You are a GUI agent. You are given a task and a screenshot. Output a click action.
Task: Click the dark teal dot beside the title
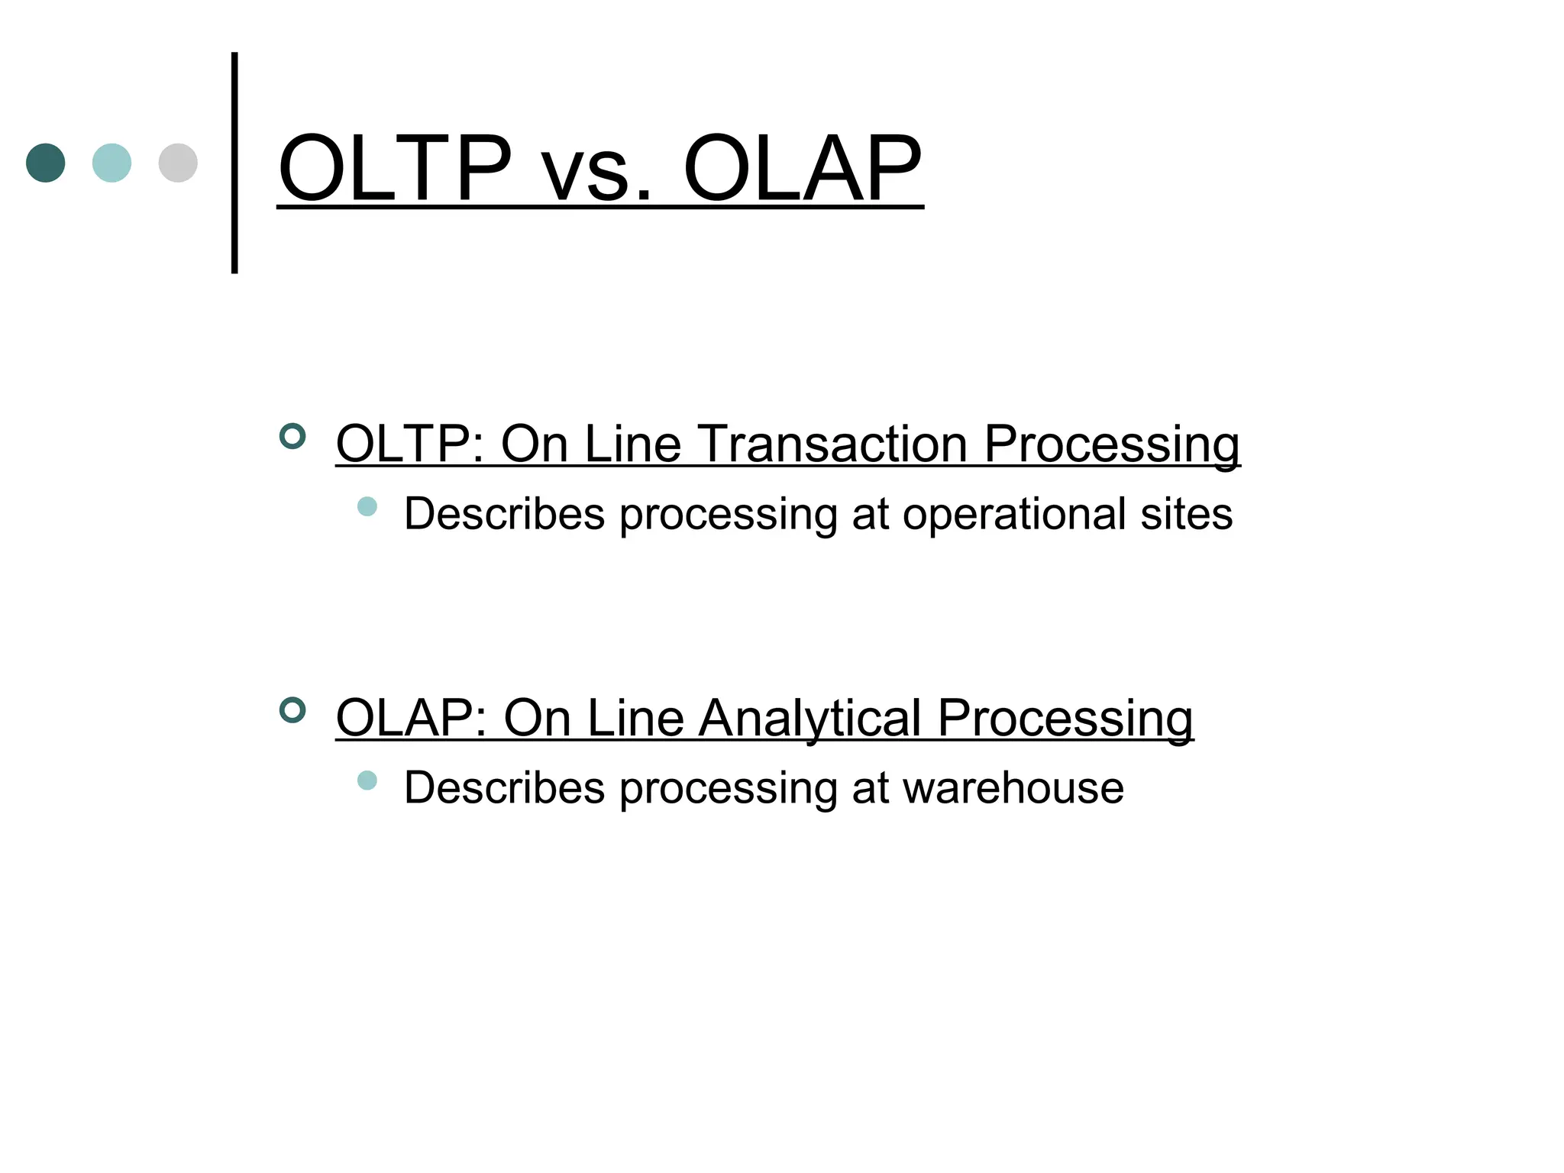(x=46, y=163)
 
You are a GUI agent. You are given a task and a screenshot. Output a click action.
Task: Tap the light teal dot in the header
(x=111, y=163)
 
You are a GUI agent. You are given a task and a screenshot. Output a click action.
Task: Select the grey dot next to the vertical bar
(x=178, y=163)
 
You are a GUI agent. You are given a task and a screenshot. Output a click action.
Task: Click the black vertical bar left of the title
(x=234, y=163)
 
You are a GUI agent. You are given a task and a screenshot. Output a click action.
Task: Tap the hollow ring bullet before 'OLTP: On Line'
(x=292, y=436)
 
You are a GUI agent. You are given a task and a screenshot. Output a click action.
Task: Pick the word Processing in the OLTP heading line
(x=1111, y=445)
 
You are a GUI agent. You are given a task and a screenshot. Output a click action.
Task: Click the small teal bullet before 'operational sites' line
(x=367, y=506)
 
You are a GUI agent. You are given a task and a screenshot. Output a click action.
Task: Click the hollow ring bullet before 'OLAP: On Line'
(x=292, y=710)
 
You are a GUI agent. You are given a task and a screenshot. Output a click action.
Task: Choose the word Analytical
(x=809, y=719)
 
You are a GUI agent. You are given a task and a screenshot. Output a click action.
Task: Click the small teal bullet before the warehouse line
(x=367, y=780)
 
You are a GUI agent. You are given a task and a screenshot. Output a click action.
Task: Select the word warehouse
(x=1013, y=788)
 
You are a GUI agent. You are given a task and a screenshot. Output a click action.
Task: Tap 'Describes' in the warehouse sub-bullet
(x=504, y=788)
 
